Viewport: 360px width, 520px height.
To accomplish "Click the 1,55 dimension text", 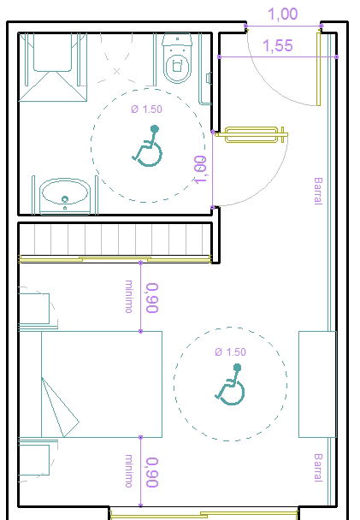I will [278, 46].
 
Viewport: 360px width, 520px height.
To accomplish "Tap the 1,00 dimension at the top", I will [282, 15].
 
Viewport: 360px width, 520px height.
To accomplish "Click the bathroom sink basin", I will [65, 193].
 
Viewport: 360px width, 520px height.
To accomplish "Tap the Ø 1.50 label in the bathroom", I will [145, 109].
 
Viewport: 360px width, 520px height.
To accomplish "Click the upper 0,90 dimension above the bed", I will [151, 298].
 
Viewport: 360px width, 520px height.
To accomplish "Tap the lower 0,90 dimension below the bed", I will [151, 472].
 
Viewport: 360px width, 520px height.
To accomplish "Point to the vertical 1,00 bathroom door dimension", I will [201, 169].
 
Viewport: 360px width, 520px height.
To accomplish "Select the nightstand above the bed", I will [34, 309].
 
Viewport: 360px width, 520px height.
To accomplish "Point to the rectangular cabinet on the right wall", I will [316, 385].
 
